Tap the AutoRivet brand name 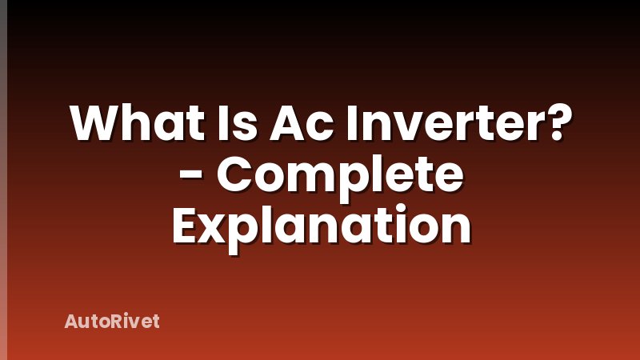coord(112,321)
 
